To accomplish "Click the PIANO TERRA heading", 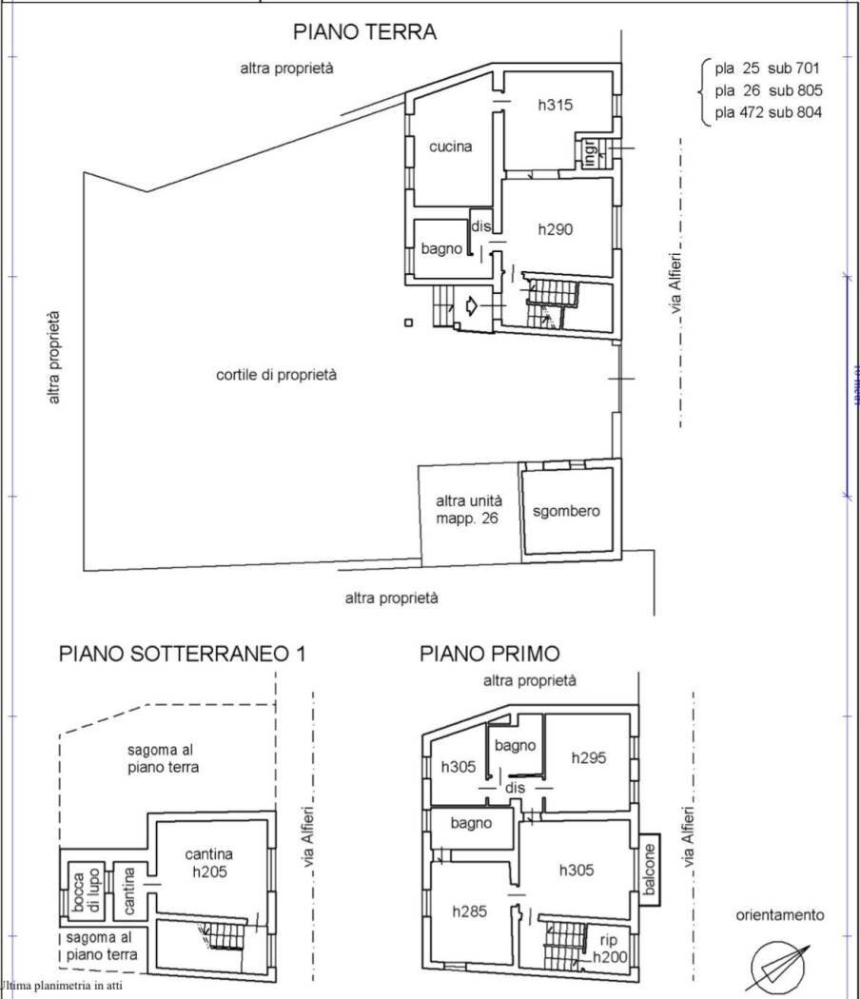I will point(364,32).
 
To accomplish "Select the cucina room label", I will point(450,147).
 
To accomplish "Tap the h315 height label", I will point(556,106).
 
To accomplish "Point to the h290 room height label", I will point(555,229).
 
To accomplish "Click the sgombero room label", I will point(566,511).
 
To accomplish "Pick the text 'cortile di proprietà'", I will point(277,375).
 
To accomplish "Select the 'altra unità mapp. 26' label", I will point(468,510).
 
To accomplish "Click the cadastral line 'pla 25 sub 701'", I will point(767,69).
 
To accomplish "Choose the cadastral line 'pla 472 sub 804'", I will point(767,112).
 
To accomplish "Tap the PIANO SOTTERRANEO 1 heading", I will point(183,654).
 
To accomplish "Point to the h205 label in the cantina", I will point(209,872).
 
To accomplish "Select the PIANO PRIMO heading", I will point(490,654).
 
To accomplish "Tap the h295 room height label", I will point(589,757).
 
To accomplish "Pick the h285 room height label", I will point(470,911).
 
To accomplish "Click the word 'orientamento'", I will point(779,915).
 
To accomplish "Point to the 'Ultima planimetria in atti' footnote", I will point(62,986).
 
